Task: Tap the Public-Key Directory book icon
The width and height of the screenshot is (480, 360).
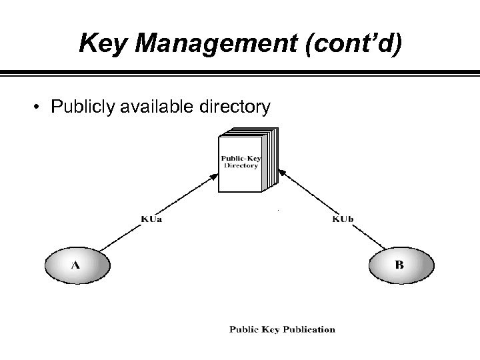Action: point(245,161)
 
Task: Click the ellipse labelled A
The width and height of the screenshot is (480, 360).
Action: point(76,265)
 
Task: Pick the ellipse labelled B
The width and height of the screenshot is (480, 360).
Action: point(399,265)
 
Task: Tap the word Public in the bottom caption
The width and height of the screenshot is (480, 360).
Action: point(244,329)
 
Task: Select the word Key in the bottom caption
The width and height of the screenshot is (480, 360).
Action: point(269,329)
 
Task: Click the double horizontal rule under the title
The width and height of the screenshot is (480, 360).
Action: point(240,71)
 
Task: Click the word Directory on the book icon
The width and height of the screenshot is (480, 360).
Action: point(241,165)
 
